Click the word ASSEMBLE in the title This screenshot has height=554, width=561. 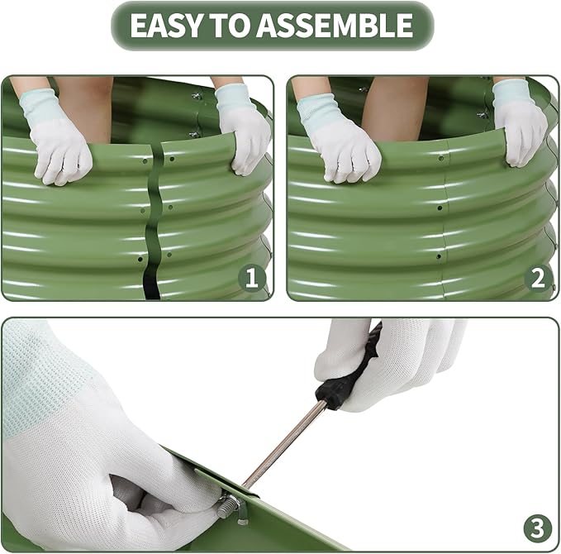click(334, 26)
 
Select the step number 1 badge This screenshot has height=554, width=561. click(252, 278)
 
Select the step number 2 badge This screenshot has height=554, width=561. click(538, 278)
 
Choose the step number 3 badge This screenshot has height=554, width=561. click(537, 528)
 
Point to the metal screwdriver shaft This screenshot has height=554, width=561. click(284, 444)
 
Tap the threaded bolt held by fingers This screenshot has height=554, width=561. click(228, 506)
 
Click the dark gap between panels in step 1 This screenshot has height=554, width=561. click(154, 222)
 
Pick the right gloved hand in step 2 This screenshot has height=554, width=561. click(521, 123)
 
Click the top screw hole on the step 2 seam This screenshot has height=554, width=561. click(441, 158)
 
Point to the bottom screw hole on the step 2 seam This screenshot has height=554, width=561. click(439, 256)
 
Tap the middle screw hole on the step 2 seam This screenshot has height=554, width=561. click(440, 208)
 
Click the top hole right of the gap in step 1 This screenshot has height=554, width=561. click(172, 159)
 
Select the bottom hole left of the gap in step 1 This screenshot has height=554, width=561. click(140, 260)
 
